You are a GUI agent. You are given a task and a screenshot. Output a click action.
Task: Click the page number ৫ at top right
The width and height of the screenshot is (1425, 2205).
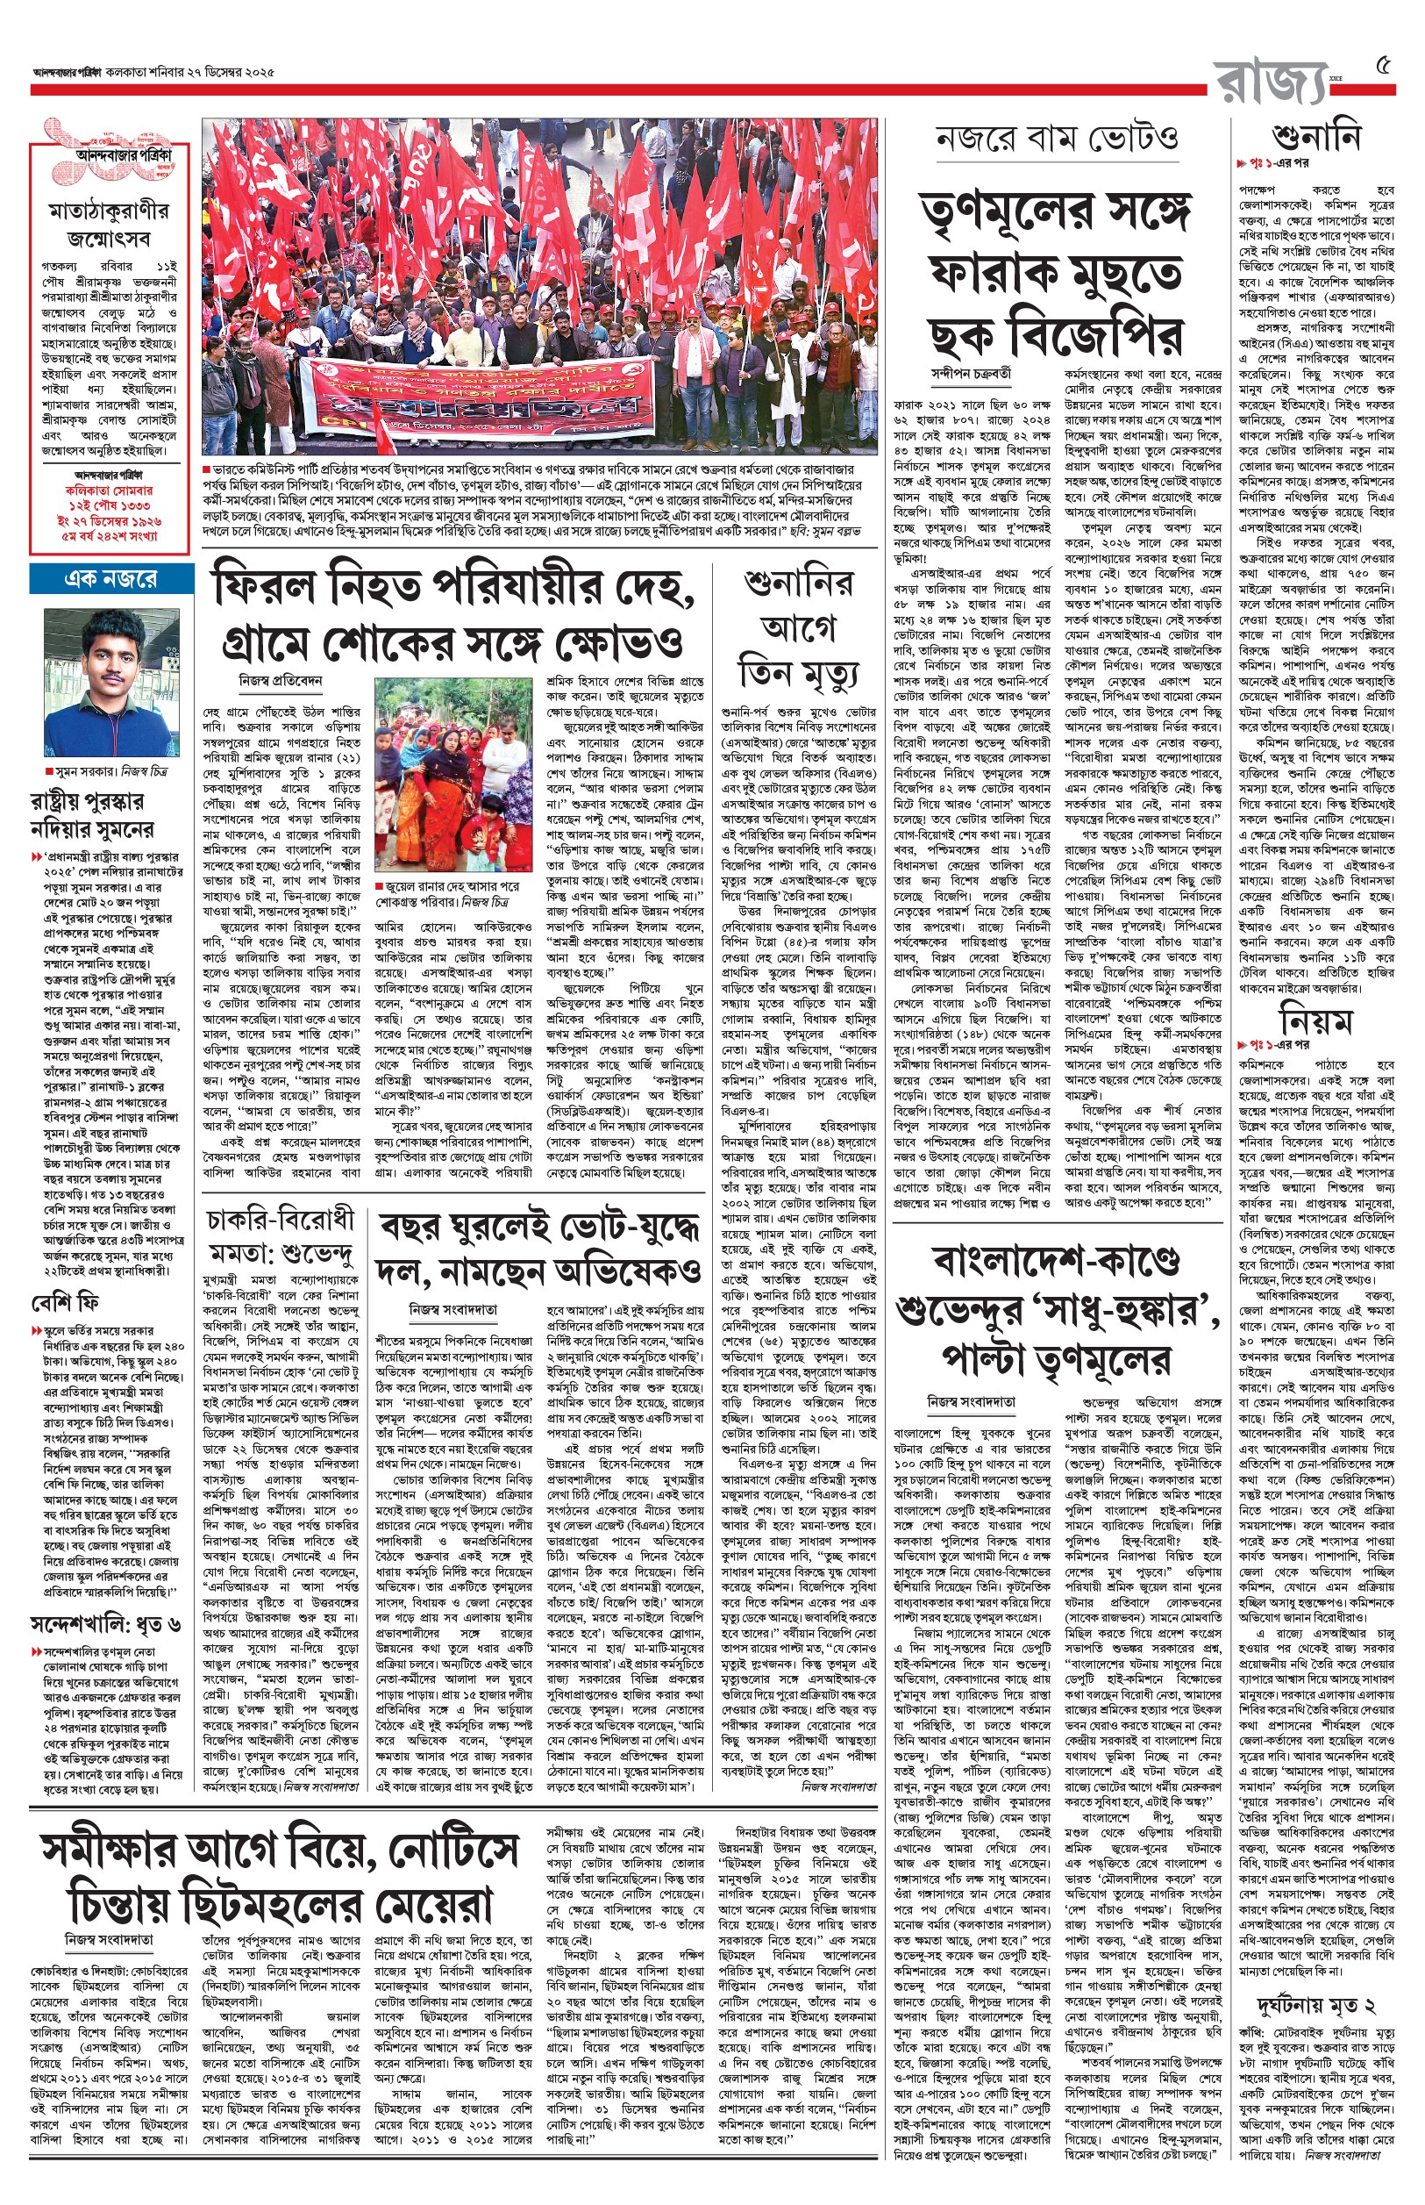click(1384, 66)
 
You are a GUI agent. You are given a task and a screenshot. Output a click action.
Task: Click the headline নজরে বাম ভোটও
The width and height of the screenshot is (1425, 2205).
click(1056, 139)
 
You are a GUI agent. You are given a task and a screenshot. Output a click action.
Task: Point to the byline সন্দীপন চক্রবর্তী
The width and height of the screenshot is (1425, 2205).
click(971, 374)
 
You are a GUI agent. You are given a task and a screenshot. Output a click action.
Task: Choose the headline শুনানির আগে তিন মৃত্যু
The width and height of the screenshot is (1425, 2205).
click(798, 628)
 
